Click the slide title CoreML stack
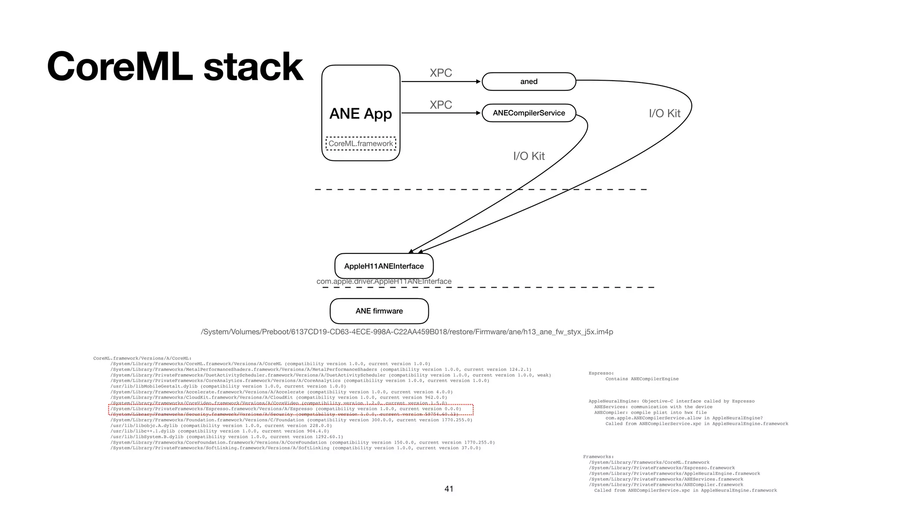point(175,67)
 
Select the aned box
point(529,82)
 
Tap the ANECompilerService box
point(529,113)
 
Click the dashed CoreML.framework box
point(361,144)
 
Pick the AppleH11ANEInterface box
point(384,266)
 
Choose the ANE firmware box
point(379,311)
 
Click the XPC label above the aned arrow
point(441,73)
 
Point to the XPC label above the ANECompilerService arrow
point(441,105)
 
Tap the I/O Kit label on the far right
point(664,114)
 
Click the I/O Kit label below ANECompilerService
point(529,156)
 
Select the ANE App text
point(360,114)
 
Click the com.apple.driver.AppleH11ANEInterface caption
point(384,281)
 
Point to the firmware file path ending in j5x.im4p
point(406,332)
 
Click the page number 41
point(449,489)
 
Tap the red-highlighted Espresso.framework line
point(285,409)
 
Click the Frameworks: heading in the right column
point(598,457)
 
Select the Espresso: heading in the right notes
point(601,373)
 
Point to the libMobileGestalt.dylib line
point(228,387)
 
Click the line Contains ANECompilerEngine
point(642,379)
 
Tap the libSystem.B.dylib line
point(227,437)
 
